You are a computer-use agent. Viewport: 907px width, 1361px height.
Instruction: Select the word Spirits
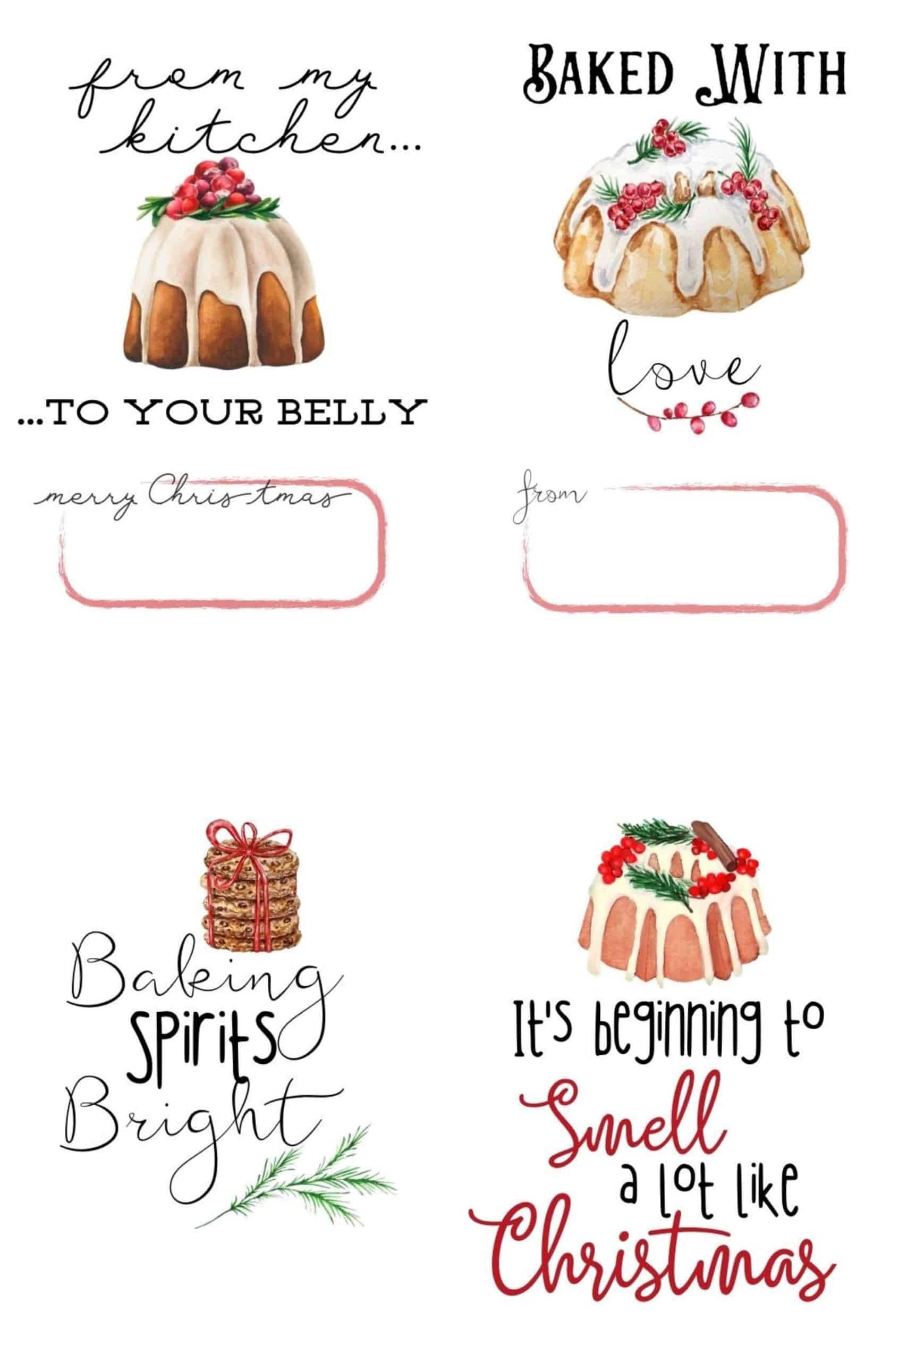coord(203,1047)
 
